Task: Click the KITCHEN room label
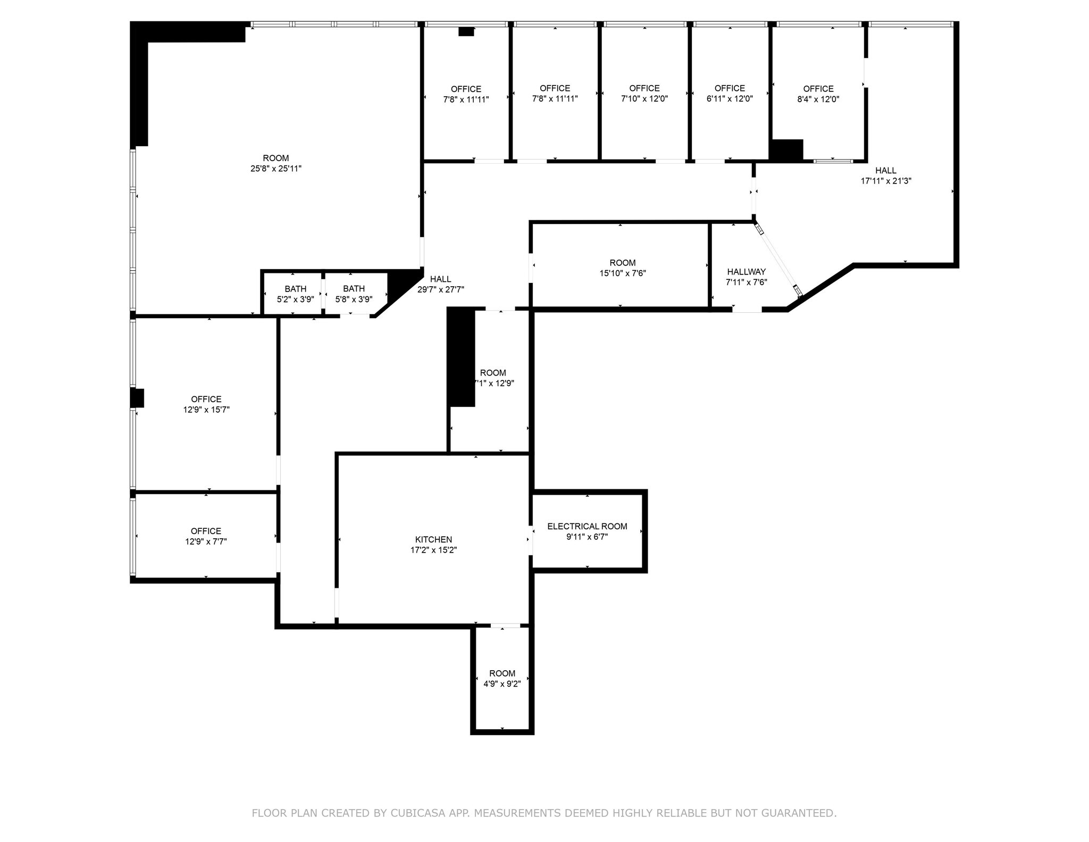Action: click(x=433, y=539)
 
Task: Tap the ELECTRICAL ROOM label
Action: click(x=587, y=526)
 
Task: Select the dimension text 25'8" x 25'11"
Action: click(x=276, y=169)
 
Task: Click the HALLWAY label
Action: click(x=746, y=272)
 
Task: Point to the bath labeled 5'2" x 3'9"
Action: click(x=295, y=294)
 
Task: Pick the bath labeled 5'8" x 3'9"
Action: click(x=354, y=294)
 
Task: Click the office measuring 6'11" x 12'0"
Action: click(x=729, y=94)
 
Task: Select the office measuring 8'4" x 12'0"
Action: click(x=818, y=94)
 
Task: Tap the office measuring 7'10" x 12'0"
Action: click(x=644, y=94)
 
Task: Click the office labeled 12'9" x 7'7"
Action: click(x=206, y=536)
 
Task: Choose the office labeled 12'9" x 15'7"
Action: click(x=206, y=404)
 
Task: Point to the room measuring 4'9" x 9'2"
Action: click(x=502, y=679)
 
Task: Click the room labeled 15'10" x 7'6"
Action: click(x=622, y=268)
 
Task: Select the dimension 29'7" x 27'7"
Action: click(x=440, y=290)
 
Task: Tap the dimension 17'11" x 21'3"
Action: click(x=886, y=181)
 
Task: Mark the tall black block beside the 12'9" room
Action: click(x=460, y=357)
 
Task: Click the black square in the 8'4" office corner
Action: click(x=786, y=150)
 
